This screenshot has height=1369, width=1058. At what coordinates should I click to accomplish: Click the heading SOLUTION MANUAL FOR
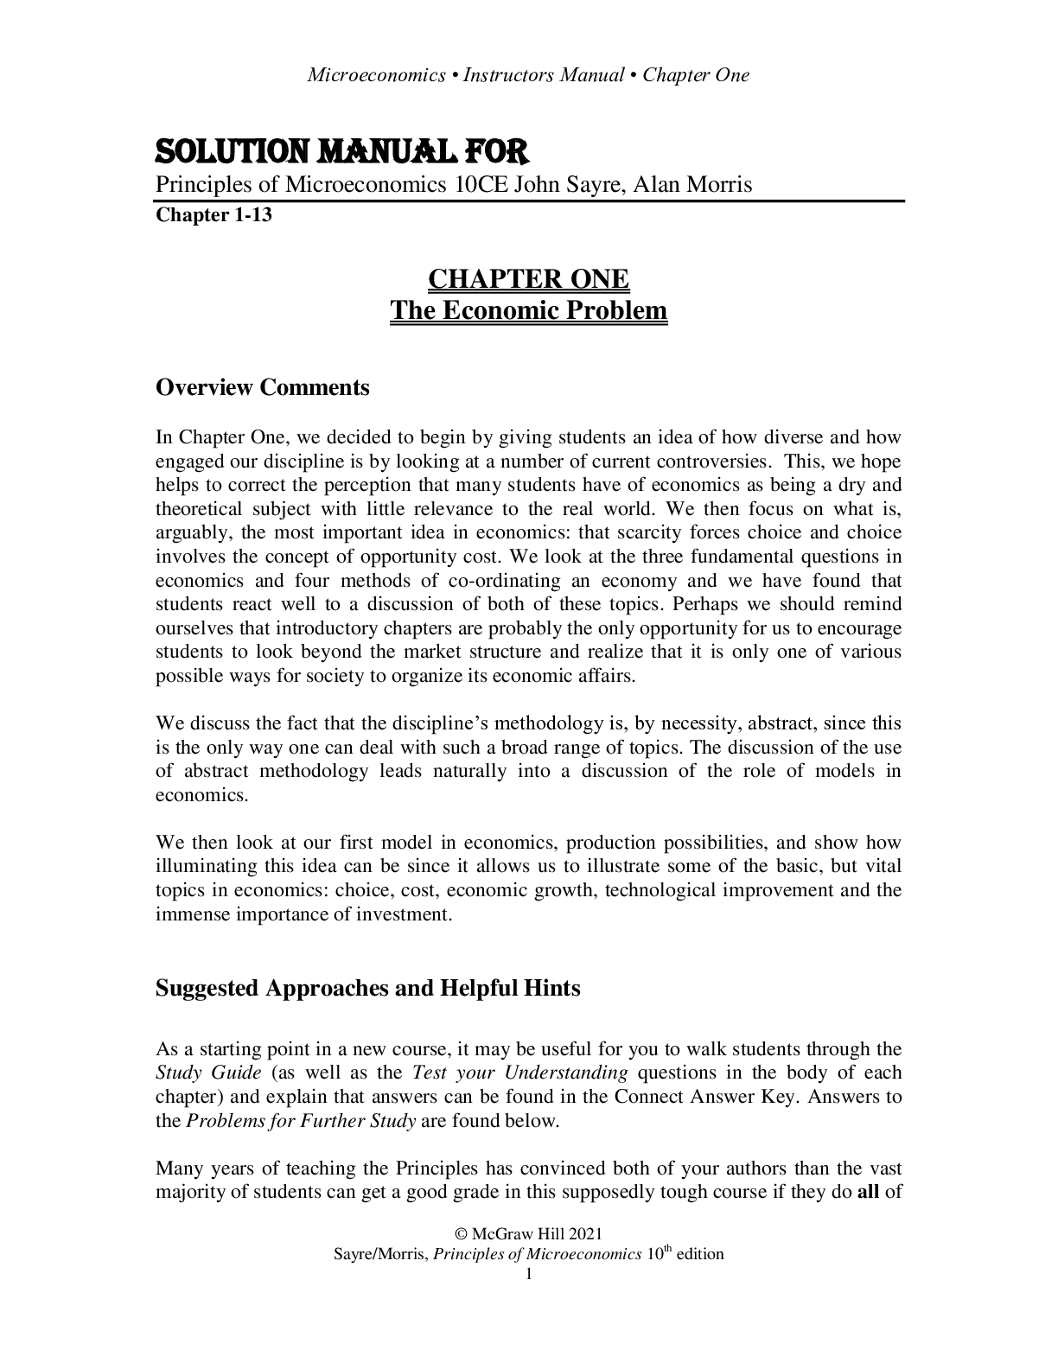tap(341, 153)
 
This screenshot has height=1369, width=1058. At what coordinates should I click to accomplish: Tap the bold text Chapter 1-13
tap(214, 215)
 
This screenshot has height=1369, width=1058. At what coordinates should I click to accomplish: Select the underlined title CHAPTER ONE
tap(529, 279)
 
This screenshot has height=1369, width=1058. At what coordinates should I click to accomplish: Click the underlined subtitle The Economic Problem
tap(529, 310)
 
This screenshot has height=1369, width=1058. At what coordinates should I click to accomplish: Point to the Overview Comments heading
tap(262, 387)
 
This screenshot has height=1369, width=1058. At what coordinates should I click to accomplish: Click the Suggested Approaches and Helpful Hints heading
tap(367, 988)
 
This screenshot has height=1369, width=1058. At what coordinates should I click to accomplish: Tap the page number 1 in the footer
tap(529, 1274)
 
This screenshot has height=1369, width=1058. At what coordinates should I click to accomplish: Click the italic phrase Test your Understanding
tap(519, 1073)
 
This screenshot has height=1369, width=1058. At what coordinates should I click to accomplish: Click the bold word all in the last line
tap(867, 1194)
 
